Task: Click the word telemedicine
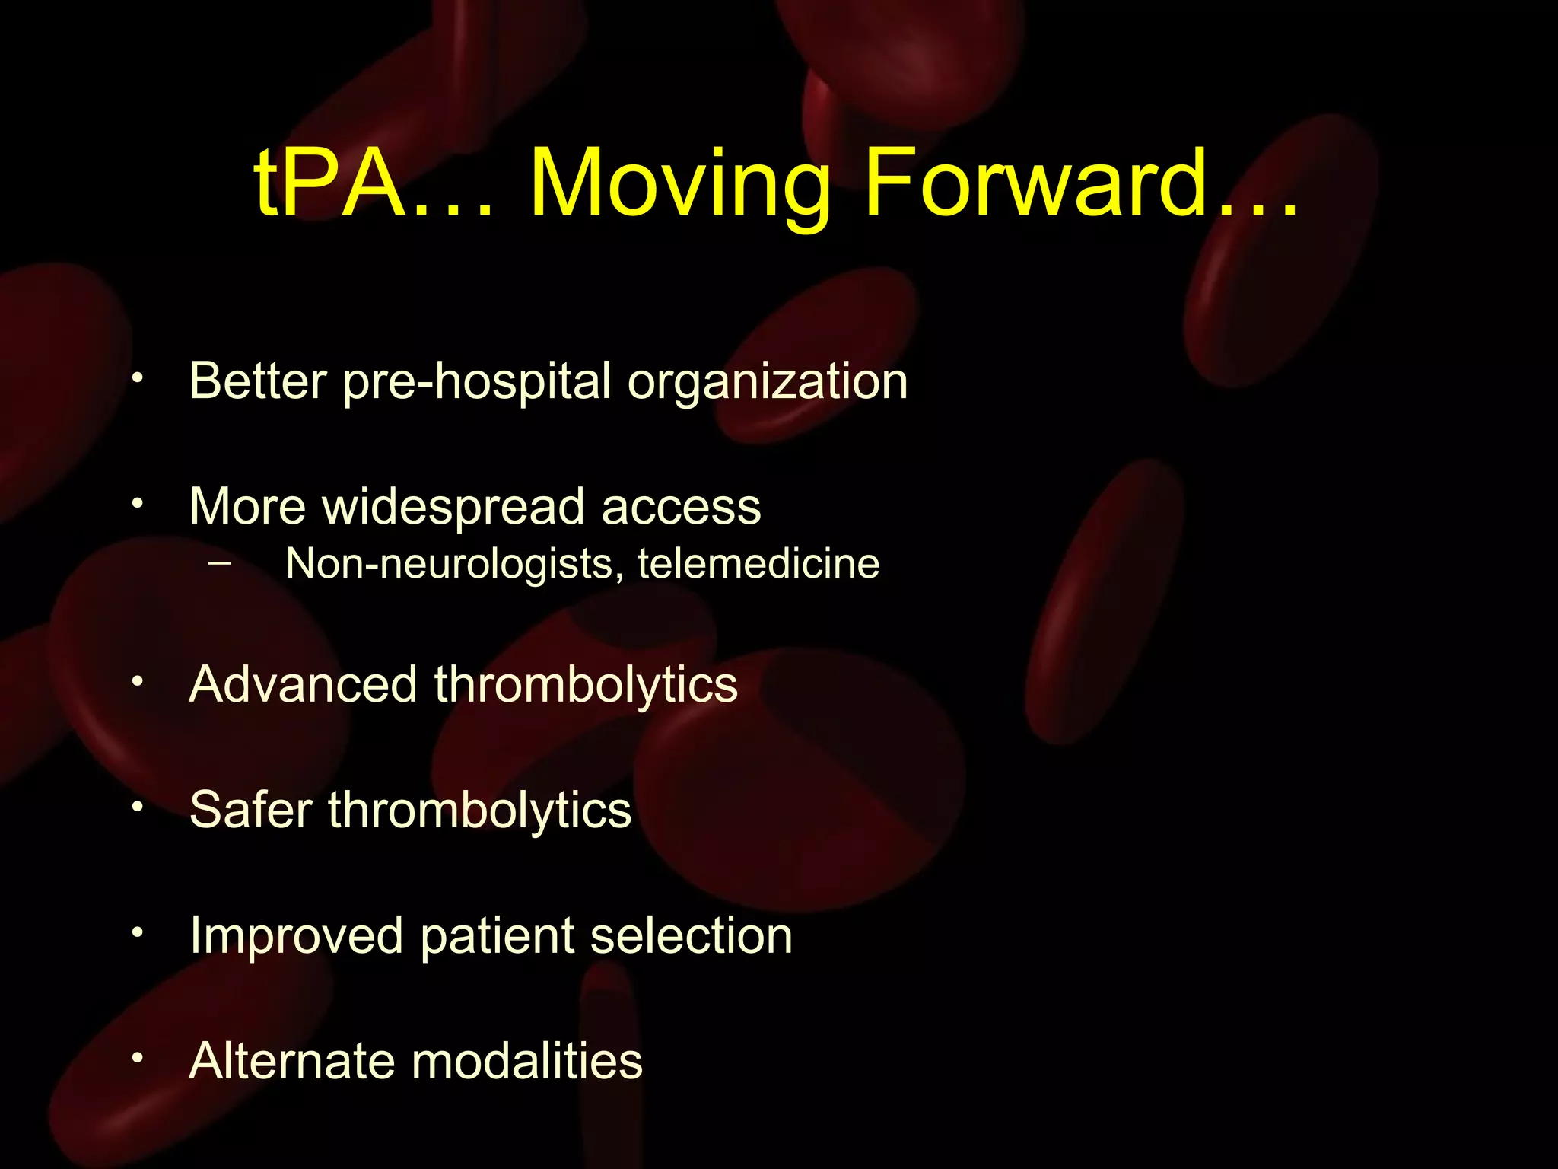pyautogui.click(x=758, y=564)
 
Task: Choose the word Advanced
pyautogui.click(x=303, y=684)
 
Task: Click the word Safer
pyautogui.click(x=250, y=809)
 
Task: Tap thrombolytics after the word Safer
pyautogui.click(x=479, y=810)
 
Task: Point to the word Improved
pyautogui.click(x=296, y=937)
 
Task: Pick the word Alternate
pyautogui.click(x=291, y=1061)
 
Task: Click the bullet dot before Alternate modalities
pyautogui.click(x=137, y=1058)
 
